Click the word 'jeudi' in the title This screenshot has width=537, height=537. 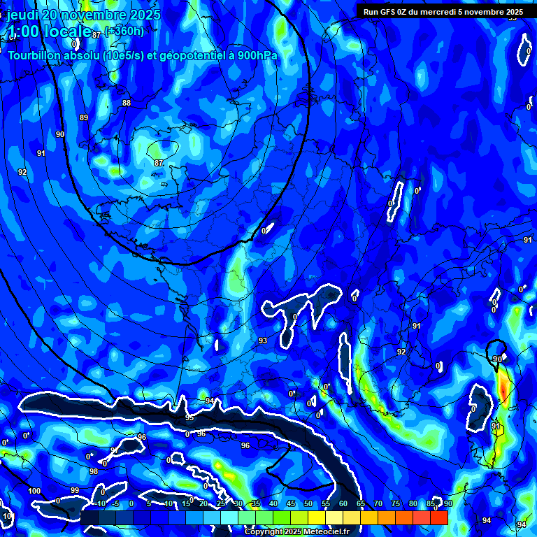coord(22,15)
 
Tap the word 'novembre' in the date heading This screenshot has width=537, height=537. coord(93,15)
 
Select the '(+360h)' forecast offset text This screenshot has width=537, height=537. coord(124,31)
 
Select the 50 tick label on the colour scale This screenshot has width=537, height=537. coord(308,503)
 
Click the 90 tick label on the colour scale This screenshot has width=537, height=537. coord(447,503)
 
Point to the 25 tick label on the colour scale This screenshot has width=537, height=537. coord(220,503)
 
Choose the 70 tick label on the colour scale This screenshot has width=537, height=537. coord(378,503)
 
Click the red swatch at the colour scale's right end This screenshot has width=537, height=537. coord(438,517)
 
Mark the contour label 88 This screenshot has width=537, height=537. coord(127,103)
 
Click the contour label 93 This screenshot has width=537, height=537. coord(263,341)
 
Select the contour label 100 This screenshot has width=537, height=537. coord(34,491)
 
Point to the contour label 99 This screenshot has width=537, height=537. coord(75,490)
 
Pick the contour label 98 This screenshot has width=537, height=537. coord(94,471)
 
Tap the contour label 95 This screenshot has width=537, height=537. coord(189,417)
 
